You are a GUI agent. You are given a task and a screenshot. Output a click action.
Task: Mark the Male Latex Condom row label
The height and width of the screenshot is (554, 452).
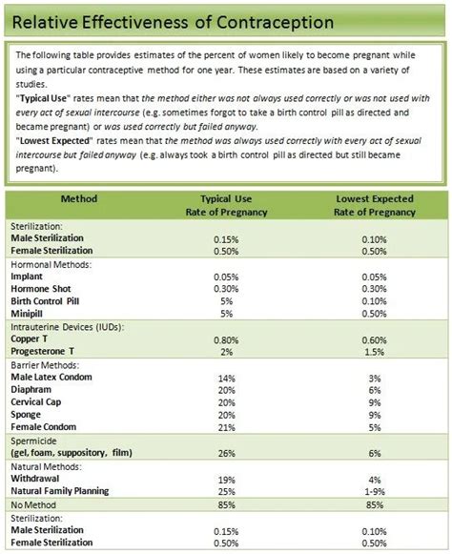51,378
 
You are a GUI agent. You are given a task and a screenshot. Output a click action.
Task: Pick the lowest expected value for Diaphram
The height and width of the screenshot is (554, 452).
373,390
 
